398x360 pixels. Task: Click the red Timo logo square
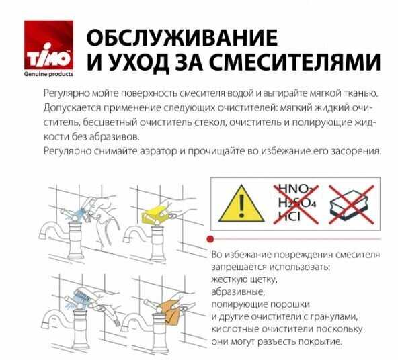[48, 45]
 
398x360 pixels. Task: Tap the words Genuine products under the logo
[48, 74]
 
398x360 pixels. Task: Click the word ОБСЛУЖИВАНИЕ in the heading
[182, 38]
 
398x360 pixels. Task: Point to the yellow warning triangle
[241, 204]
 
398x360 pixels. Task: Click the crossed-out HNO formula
[295, 189]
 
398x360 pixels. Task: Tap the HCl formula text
[289, 217]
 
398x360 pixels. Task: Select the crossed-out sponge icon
[352, 204]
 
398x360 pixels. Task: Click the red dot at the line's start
[210, 239]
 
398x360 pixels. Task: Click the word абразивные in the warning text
[238, 291]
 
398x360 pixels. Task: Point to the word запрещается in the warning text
[239, 267]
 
